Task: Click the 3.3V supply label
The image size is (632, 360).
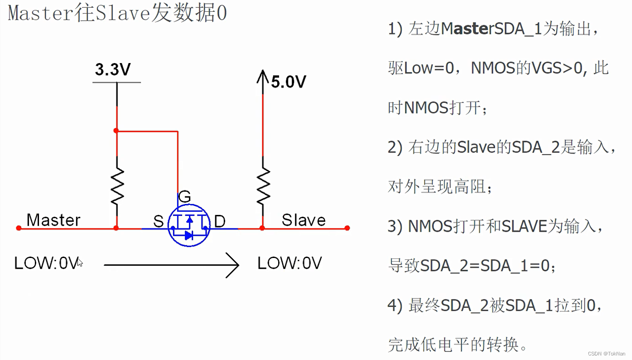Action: coord(113,70)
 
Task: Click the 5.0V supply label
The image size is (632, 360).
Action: coord(289,82)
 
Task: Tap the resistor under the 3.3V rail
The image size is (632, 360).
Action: coord(117,186)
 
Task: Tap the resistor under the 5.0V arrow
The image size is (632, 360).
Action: coord(263,186)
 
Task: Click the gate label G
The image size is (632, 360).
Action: coord(184,197)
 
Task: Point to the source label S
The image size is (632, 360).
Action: coord(158,221)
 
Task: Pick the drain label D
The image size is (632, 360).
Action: coord(220,221)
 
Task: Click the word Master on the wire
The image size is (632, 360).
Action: coord(53,220)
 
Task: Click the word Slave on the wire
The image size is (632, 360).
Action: coord(304,220)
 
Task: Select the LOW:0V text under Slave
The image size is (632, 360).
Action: coord(289,263)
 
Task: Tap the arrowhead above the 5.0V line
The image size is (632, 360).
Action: coord(263,75)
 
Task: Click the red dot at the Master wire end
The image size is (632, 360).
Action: coord(19,228)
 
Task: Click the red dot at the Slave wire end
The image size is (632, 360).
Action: coord(347,228)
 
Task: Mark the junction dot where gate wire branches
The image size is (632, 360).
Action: coord(116,131)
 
